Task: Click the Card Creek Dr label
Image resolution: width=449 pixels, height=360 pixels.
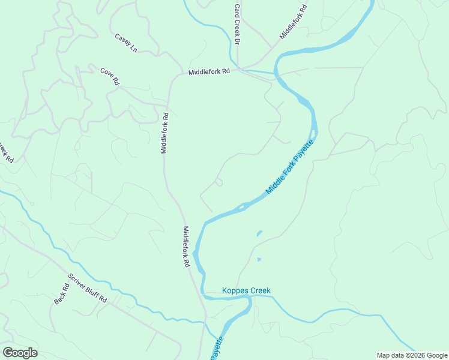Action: tap(237, 25)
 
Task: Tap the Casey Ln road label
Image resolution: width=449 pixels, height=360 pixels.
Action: tap(126, 43)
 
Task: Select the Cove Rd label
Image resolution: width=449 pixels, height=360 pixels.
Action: tap(109, 77)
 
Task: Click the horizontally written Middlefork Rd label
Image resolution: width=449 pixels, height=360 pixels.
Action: tap(209, 71)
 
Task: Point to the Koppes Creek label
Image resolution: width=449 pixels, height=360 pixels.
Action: tap(246, 291)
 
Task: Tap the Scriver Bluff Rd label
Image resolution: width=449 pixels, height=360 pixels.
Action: tap(87, 288)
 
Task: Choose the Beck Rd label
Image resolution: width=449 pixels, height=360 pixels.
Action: tap(62, 293)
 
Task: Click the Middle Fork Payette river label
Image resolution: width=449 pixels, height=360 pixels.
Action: tap(290, 167)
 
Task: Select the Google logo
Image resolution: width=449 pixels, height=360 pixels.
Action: tap(20, 353)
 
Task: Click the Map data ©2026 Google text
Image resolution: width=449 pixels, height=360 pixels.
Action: tap(411, 355)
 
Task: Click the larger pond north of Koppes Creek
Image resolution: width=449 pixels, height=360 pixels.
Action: tap(259, 233)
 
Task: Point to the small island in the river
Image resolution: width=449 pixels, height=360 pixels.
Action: tap(241, 208)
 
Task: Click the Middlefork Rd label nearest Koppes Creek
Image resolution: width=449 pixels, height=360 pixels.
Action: tap(187, 247)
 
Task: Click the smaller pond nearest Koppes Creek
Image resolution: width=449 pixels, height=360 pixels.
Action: tap(259, 259)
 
